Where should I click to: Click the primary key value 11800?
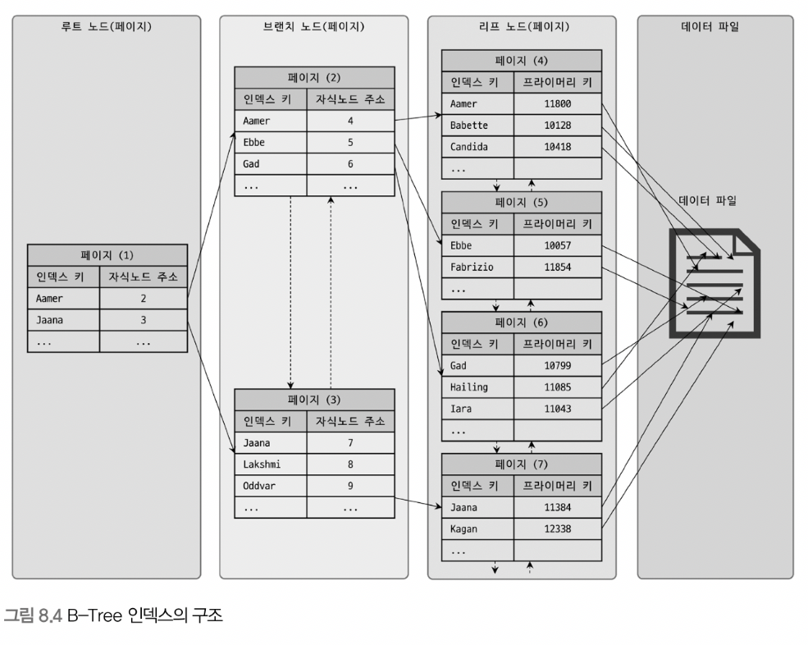[x=558, y=104]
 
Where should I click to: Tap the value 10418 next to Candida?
[x=558, y=147]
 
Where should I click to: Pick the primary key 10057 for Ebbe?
[x=558, y=245]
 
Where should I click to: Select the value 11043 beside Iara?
[x=558, y=409]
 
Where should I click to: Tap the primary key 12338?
[x=558, y=529]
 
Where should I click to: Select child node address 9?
[x=350, y=486]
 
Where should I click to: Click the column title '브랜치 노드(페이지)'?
[x=313, y=26]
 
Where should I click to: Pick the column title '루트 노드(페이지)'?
[x=106, y=26]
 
